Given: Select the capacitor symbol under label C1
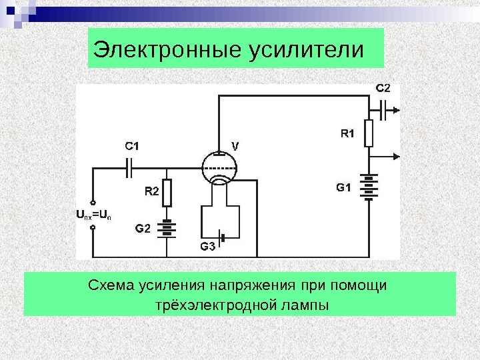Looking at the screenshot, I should pos(131,167).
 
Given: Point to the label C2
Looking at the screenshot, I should pos(383,87).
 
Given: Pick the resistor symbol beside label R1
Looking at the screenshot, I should pos(368,133).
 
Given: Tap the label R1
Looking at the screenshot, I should pos(348,133).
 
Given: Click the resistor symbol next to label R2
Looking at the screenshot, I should pos(167,192).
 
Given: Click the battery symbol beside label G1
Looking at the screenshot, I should pos(368,187).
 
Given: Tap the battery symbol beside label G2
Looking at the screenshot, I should pos(167,229).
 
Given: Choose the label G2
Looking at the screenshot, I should pos(143,229).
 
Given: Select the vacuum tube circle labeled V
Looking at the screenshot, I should pos(220,167).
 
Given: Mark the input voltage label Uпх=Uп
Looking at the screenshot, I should pos(93,215).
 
